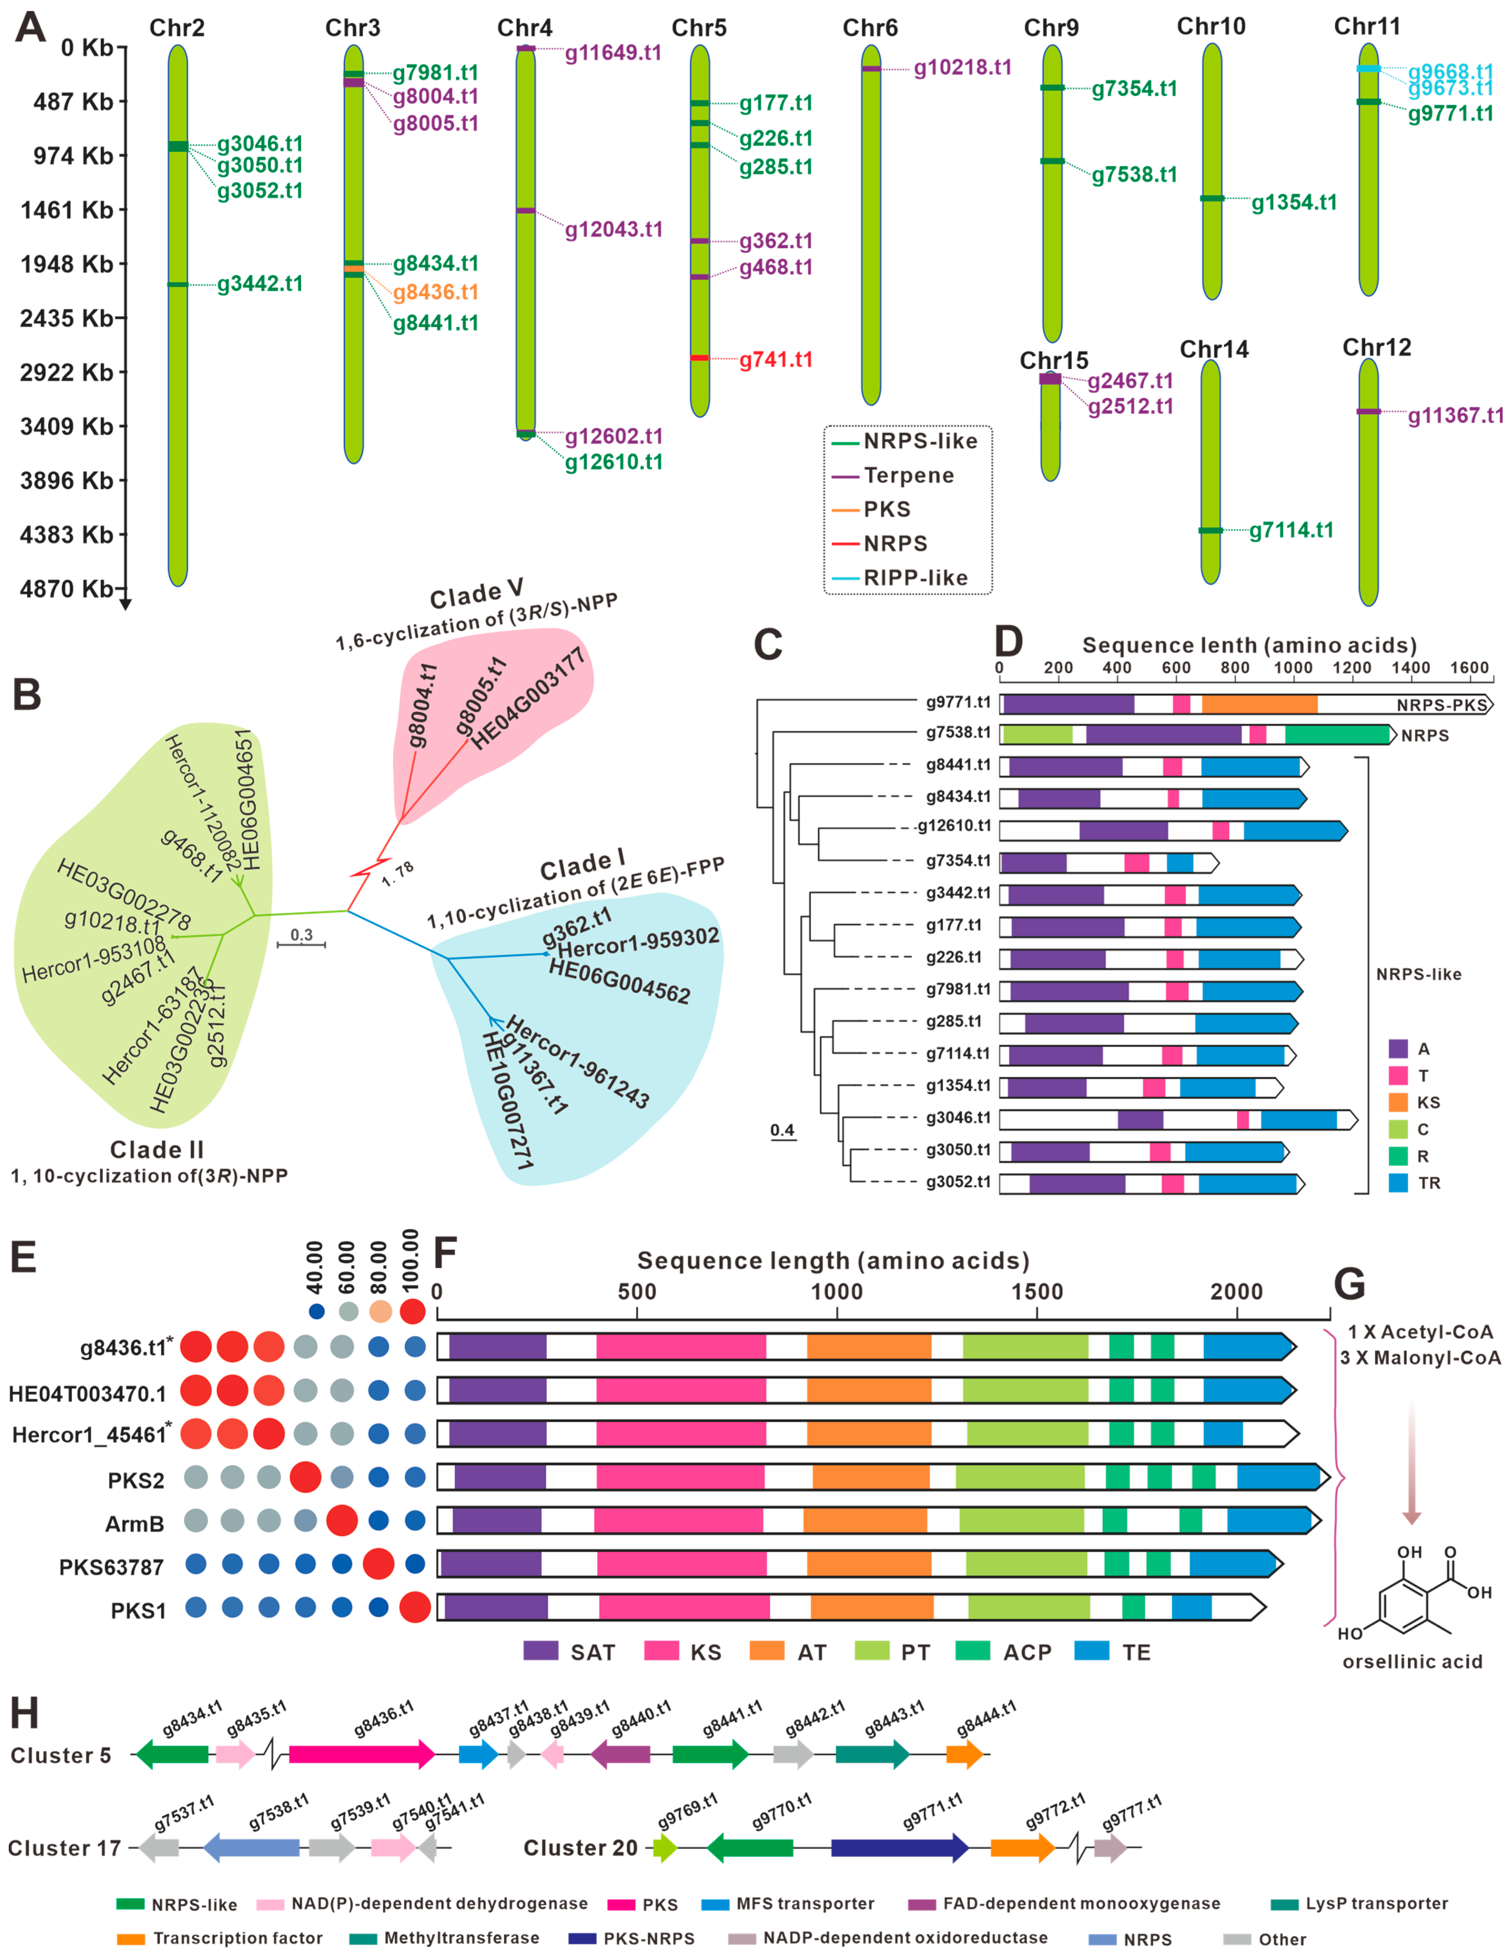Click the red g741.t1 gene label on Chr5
(x=775, y=360)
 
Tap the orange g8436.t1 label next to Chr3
(x=435, y=292)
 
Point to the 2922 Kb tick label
(x=66, y=372)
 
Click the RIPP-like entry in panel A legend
(x=915, y=578)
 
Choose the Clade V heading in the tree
(x=476, y=593)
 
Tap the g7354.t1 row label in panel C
(x=958, y=861)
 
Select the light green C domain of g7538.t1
(x=1037, y=735)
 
